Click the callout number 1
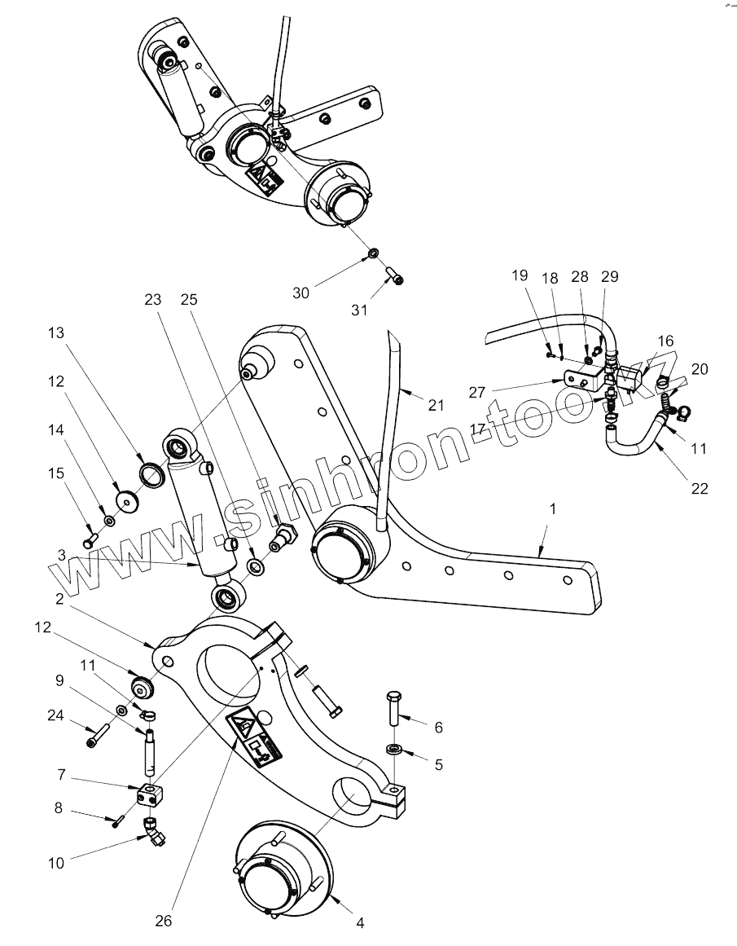point(553,508)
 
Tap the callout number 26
point(165,922)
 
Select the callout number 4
point(360,923)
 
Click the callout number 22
point(700,489)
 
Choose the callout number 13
point(55,333)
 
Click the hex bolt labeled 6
point(393,709)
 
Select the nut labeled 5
point(393,748)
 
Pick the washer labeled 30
point(371,253)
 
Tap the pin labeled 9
point(150,750)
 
